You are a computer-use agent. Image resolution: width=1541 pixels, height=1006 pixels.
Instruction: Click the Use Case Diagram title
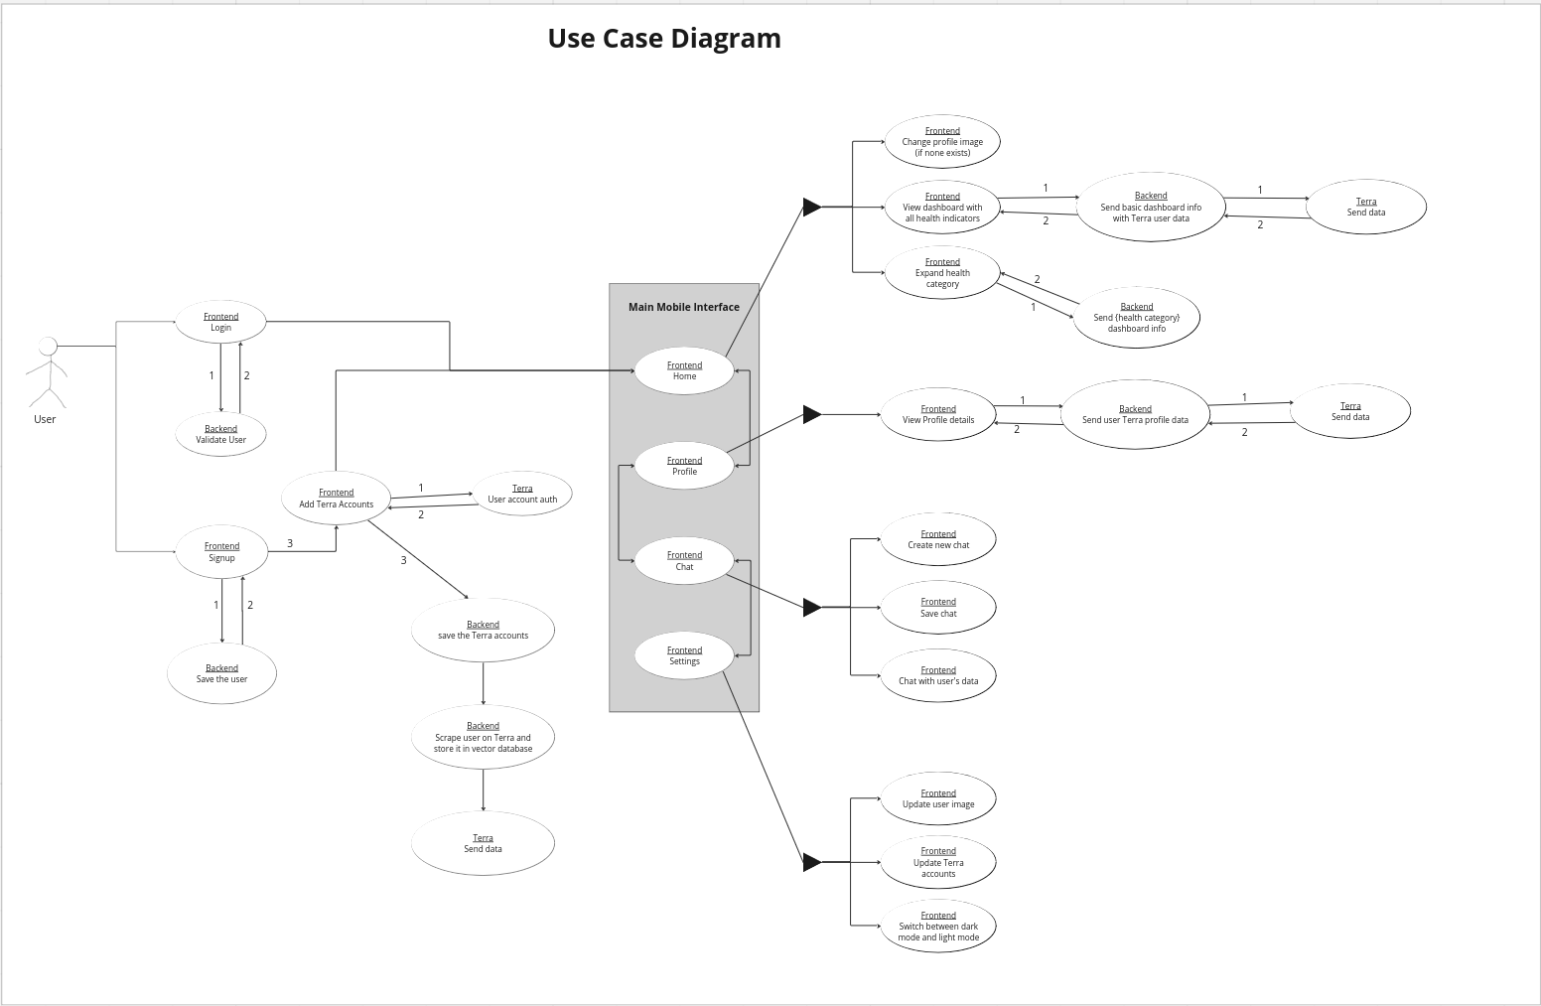click(x=664, y=39)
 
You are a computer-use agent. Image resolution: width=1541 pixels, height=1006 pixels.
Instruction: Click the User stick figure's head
click(x=47, y=346)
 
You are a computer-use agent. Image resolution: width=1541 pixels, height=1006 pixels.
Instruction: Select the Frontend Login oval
click(x=220, y=322)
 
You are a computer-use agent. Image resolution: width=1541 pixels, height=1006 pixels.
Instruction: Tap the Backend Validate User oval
click(x=220, y=434)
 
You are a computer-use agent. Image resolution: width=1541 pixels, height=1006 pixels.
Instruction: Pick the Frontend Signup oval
click(x=221, y=552)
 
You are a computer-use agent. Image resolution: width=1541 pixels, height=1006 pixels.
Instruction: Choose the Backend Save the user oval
click(x=221, y=673)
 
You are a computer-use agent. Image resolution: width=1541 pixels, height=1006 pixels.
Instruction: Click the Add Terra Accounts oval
click(x=336, y=499)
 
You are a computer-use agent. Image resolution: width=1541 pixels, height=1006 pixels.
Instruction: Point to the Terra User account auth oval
click(x=522, y=494)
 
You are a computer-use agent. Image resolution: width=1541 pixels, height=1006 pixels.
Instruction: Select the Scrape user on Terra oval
click(x=483, y=737)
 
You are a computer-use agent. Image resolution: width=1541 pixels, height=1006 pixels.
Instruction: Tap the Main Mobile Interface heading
click(x=683, y=307)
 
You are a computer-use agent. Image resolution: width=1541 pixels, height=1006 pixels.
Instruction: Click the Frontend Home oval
click(x=684, y=370)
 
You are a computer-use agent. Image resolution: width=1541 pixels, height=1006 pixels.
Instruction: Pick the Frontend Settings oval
click(x=684, y=655)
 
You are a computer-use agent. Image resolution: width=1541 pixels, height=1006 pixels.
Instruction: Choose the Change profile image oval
click(x=942, y=142)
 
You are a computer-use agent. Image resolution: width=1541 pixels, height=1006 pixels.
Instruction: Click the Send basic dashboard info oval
click(x=1151, y=207)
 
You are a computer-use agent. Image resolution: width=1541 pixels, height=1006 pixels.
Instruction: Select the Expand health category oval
click(x=942, y=272)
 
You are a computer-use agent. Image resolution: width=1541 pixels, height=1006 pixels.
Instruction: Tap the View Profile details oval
click(x=938, y=414)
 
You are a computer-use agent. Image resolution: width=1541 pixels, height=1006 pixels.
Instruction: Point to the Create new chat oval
click(x=938, y=539)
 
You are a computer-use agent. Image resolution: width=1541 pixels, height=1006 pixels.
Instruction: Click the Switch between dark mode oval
click(x=938, y=927)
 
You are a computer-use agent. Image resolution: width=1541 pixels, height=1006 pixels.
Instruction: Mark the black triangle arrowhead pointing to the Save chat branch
click(x=811, y=607)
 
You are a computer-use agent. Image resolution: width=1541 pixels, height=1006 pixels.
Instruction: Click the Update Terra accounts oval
click(x=938, y=862)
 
